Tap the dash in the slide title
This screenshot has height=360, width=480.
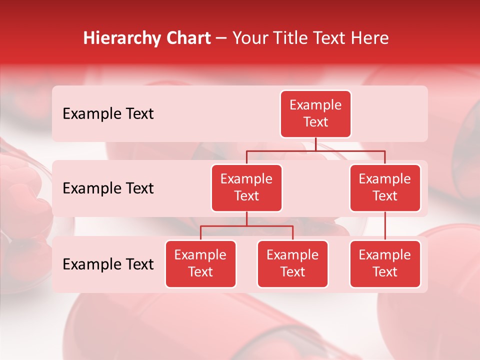click(221, 38)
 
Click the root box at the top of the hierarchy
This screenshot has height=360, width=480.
click(315, 113)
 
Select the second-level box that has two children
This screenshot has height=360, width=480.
click(246, 187)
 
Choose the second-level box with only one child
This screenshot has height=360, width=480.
click(385, 187)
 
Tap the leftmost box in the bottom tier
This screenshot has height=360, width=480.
click(200, 263)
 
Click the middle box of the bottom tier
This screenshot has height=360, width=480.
click(292, 263)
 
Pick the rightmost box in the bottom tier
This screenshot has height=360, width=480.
click(385, 263)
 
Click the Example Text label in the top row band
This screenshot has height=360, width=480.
click(108, 114)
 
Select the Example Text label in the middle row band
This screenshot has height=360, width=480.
click(108, 188)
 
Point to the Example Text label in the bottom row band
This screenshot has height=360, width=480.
click(108, 264)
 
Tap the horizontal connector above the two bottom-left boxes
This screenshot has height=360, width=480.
click(246, 226)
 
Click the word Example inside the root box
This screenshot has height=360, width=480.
click(315, 105)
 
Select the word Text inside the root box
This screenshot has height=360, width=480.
click(315, 122)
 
